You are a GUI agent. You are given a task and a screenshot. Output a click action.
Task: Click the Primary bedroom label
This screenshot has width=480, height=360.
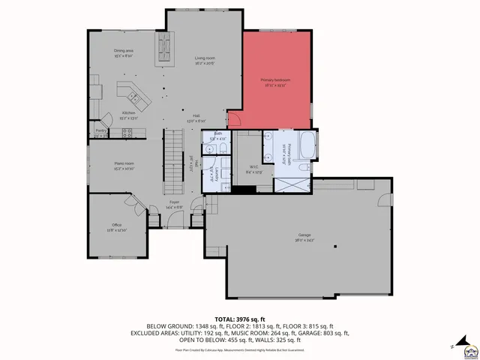point(275,80)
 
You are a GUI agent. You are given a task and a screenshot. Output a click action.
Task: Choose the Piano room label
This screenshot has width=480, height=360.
point(123,163)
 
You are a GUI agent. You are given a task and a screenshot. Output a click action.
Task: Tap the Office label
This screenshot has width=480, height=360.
point(116,226)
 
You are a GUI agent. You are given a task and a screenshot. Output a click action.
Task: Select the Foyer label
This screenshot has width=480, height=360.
point(173,202)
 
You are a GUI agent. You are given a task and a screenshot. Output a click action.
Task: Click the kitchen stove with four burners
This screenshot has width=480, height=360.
point(127,133)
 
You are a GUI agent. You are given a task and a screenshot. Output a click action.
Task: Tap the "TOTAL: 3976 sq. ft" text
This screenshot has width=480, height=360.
point(239,319)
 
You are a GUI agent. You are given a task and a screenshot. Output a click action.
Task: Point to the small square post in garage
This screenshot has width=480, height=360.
point(336,245)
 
